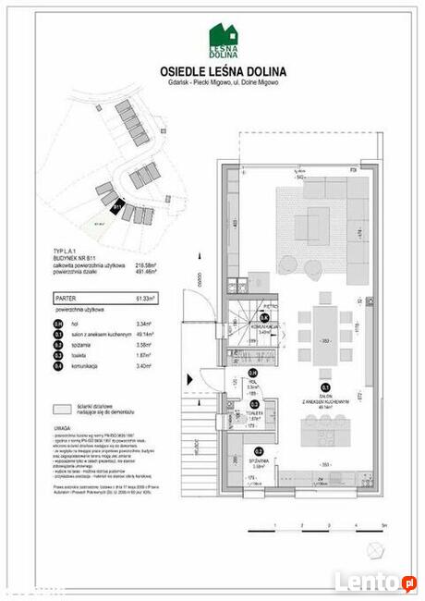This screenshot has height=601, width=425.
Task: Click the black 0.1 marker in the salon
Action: (x=322, y=390)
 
